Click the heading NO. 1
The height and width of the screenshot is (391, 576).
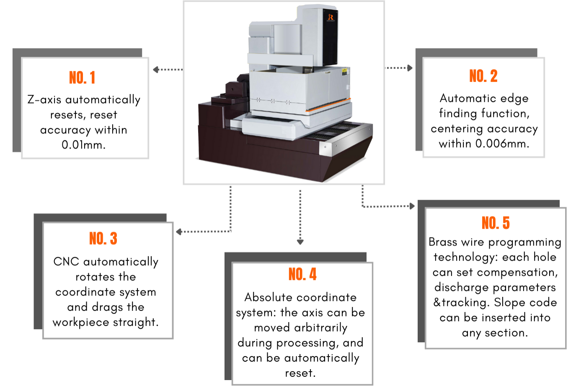pos(82,78)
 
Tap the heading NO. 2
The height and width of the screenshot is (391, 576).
pos(483,76)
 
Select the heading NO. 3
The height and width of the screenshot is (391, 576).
pos(103,238)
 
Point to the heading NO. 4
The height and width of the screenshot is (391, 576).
pos(302,274)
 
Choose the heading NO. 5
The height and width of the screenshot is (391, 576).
pos(496,223)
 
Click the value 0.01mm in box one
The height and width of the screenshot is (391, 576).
pos(83,145)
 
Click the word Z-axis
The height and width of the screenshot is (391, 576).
pos(44,99)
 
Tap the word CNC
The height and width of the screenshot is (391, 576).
pos(66,261)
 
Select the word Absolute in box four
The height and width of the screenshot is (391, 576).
pos(269,297)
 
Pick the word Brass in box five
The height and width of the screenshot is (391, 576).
pos(443,242)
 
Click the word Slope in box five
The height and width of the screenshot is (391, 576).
pos(508,302)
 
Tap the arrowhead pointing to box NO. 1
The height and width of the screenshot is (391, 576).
pos(155,70)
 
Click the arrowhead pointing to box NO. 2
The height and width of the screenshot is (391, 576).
pos(410,68)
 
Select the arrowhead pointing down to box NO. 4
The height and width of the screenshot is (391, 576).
pos(300,242)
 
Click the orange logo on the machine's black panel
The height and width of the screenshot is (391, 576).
pos(331,17)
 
